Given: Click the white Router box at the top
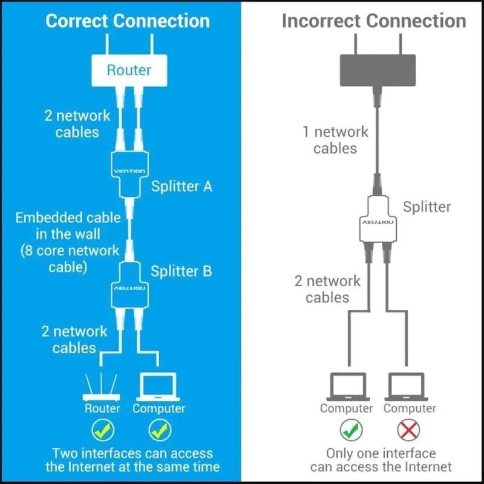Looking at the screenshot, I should click(128, 70).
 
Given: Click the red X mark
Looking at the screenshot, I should click(410, 430).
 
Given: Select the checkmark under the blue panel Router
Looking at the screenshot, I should click(102, 430).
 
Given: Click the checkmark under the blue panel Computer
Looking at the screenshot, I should click(159, 430).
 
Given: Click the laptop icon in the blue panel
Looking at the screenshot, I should click(158, 386).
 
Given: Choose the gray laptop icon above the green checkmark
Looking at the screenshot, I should click(347, 386).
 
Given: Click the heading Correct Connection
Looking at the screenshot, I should click(128, 21).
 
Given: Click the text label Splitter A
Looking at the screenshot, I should click(181, 186).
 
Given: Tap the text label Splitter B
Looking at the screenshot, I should click(181, 271).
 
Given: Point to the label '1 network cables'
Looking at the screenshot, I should click(336, 139).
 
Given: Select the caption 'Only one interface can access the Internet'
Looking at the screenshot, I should click(381, 460).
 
